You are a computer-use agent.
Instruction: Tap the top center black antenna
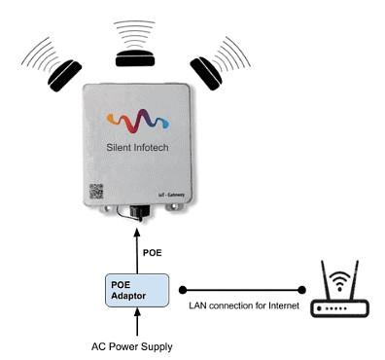coord(135,57)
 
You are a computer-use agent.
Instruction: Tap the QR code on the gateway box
coord(96,191)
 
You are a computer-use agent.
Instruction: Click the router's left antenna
coord(321,278)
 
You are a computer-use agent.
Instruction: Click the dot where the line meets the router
coord(301,289)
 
